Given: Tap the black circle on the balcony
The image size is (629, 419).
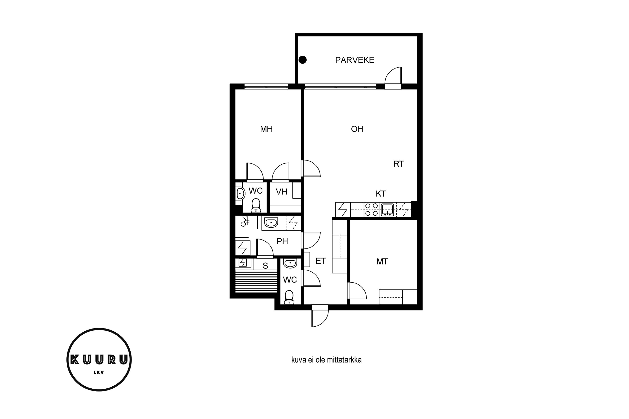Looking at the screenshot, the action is click(x=303, y=60).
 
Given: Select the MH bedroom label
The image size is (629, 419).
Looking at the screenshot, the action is click(x=266, y=129).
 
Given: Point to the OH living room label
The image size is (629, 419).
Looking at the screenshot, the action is click(x=357, y=129).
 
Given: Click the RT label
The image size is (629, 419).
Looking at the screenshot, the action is click(x=399, y=164).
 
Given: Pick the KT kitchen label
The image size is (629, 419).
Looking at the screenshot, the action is click(x=381, y=194).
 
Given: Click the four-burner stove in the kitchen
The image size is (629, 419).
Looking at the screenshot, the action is click(x=372, y=209).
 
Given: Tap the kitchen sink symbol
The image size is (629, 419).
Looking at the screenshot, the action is click(x=387, y=209).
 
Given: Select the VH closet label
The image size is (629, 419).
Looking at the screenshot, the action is click(x=281, y=192).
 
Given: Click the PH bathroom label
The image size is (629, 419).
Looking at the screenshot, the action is click(x=282, y=241).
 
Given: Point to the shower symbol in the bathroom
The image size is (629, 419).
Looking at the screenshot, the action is click(x=245, y=221).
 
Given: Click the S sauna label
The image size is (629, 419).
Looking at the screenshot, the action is click(x=265, y=266).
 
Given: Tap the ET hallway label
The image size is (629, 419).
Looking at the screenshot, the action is click(x=321, y=261).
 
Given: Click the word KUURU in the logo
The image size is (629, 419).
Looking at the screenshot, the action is click(x=99, y=360).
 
